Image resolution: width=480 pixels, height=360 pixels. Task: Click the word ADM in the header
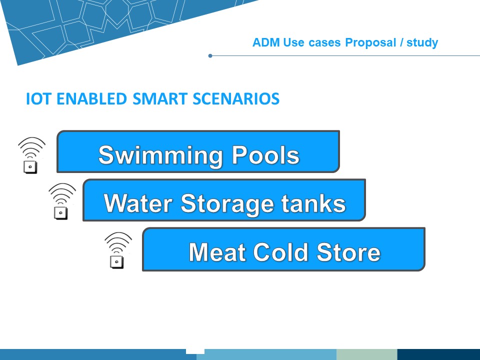click(266, 42)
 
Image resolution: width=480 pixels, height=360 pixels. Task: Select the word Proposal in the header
click(370, 42)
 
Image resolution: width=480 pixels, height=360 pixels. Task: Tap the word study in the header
click(422, 43)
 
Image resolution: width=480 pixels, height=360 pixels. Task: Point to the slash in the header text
click(401, 42)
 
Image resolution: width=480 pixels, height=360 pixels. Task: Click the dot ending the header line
click(210, 55)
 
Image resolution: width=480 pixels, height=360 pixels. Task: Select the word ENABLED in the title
click(91, 98)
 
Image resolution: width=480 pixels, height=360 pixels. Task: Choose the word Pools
click(265, 154)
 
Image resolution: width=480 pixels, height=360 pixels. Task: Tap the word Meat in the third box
click(217, 252)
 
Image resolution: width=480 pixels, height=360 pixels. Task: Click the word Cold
click(280, 251)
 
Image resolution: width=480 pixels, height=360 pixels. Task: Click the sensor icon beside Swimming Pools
click(31, 155)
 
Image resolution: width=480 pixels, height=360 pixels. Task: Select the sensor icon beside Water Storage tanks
click(62, 201)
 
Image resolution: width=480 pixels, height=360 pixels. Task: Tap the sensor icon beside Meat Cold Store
click(118, 250)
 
